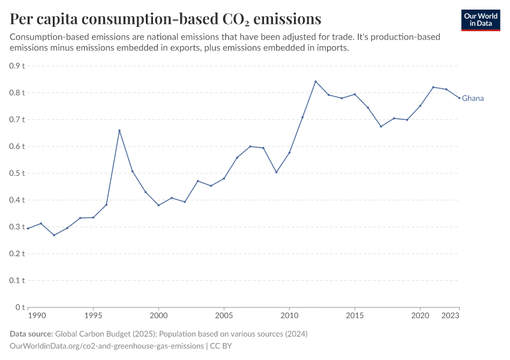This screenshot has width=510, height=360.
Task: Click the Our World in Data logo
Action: [x=480, y=20]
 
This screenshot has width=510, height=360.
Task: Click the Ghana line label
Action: [x=473, y=98]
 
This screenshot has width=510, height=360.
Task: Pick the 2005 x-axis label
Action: [x=224, y=315]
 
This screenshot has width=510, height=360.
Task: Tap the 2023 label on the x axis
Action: [x=451, y=315]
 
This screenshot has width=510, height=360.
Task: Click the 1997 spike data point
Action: [x=119, y=130]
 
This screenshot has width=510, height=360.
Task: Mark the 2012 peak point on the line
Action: [x=316, y=82]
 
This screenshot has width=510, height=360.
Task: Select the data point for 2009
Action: [x=276, y=172]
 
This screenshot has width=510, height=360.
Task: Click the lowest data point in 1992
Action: [x=54, y=235]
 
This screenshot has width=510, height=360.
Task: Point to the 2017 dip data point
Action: [x=381, y=127]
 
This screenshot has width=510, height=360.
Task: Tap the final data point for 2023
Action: [x=460, y=98]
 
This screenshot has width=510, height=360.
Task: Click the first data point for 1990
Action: [x=28, y=229]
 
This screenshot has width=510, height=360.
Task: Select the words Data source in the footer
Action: [x=31, y=334]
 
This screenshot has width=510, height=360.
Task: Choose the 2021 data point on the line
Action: [x=433, y=87]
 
